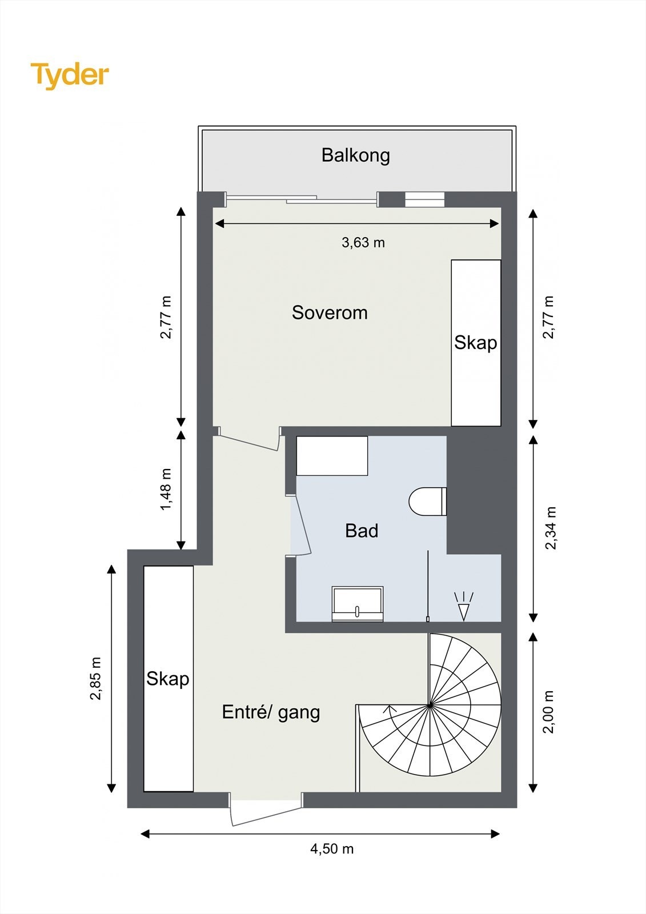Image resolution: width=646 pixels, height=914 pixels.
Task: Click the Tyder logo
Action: tap(70, 75)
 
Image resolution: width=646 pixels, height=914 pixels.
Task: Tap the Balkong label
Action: tap(355, 155)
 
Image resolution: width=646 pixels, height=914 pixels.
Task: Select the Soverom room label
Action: tap(330, 312)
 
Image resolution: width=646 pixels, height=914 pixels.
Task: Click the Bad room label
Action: tap(362, 531)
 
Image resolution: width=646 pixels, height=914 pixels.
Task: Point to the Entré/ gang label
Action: tap(271, 712)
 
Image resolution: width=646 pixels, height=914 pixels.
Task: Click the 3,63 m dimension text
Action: tap(363, 243)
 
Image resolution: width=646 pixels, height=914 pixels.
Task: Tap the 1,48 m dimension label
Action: tap(166, 489)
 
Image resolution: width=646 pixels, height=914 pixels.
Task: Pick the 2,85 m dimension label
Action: tap(95, 679)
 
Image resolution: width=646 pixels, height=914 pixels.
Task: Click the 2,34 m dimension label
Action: tap(551, 528)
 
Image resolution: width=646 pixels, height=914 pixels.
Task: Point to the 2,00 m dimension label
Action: tap(548, 712)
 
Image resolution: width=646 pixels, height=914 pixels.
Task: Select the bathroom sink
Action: tap(358, 604)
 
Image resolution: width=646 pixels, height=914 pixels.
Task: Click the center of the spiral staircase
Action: tap(430, 705)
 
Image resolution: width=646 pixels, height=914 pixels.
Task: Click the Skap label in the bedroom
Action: tap(476, 343)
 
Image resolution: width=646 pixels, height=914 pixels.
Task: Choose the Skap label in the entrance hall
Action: tap(168, 679)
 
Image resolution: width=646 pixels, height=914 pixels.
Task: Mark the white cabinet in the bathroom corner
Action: tap(332, 456)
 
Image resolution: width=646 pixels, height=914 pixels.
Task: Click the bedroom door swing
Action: tap(248, 442)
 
